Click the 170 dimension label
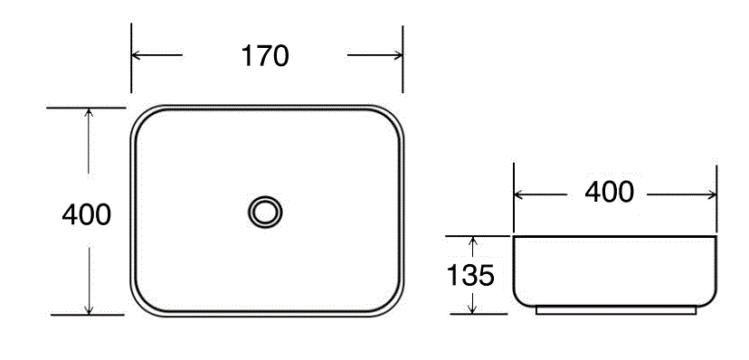point(265,56)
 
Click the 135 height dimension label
point(470,276)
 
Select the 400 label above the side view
point(609,192)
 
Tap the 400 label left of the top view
point(87,214)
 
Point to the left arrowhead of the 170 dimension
point(136,55)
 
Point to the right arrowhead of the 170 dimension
point(398,55)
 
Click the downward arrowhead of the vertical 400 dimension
point(89,310)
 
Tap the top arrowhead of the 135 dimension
point(472,241)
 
